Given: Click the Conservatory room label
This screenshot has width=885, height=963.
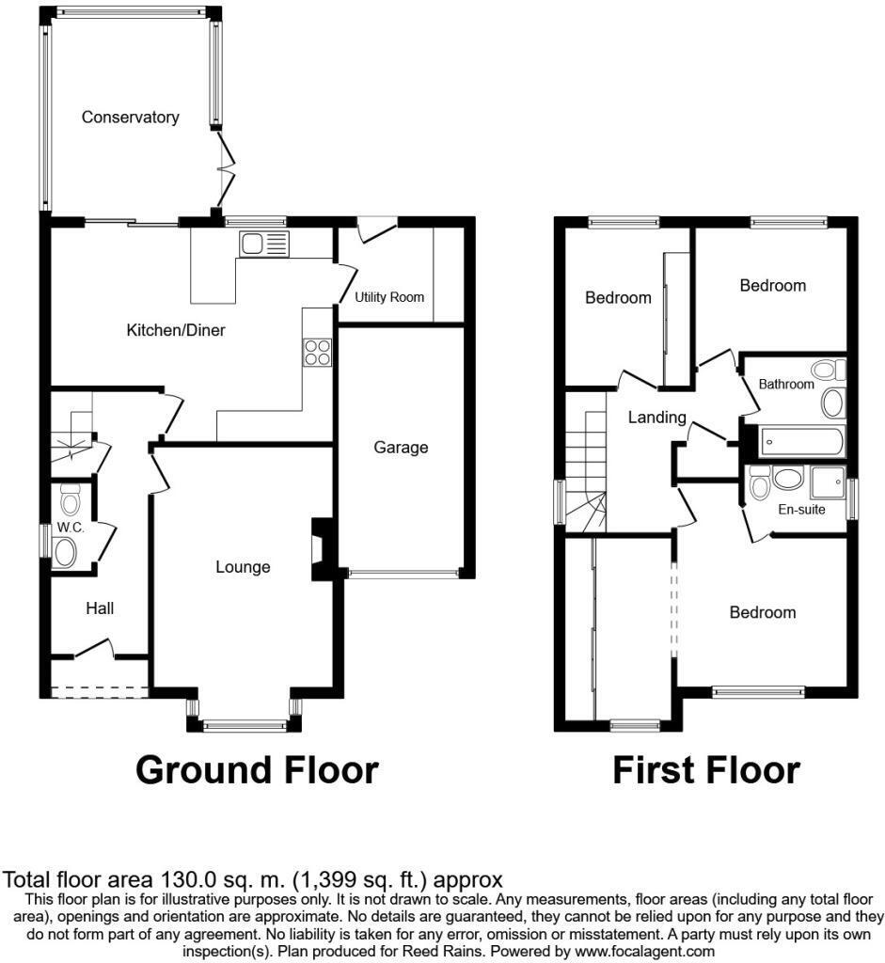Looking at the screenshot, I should (x=130, y=118).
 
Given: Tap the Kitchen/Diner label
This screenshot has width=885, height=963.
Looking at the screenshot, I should (x=176, y=330).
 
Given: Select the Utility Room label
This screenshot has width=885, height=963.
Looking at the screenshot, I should (x=389, y=297).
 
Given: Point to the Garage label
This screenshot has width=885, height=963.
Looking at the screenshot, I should (x=401, y=448).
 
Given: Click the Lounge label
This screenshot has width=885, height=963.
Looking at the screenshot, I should (x=243, y=567).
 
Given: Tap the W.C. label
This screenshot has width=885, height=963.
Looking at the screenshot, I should (x=71, y=528).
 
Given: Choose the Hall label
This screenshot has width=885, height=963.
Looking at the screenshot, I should (x=100, y=608).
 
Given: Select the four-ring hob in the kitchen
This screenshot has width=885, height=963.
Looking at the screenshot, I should (x=317, y=352).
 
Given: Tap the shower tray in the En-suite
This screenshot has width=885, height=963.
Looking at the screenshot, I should (x=828, y=482).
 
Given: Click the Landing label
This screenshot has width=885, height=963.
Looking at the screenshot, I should (x=657, y=418).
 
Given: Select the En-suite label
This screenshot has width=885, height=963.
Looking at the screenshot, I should (x=802, y=510).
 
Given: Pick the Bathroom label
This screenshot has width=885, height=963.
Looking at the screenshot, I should (x=786, y=384).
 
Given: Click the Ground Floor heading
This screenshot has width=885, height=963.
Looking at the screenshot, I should (x=257, y=770).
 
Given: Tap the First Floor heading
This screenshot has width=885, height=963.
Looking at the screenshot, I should (x=705, y=770).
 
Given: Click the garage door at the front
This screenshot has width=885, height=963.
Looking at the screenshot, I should (x=403, y=573).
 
